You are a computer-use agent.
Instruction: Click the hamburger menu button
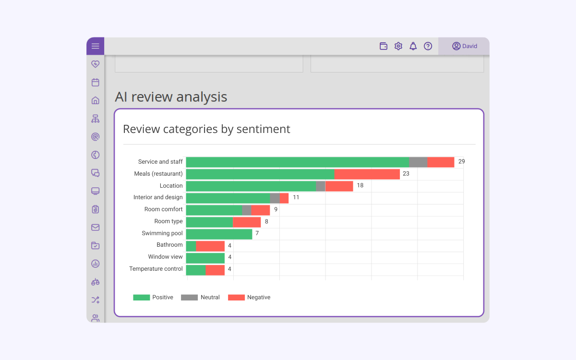point(95,46)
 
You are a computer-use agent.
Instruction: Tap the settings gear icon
point(398,46)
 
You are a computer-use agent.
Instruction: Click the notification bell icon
point(413,46)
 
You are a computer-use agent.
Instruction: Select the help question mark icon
point(428,46)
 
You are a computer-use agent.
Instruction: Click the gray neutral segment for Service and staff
point(418,162)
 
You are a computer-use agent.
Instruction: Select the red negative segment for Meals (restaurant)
point(367,174)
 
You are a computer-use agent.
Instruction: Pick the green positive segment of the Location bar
point(251,186)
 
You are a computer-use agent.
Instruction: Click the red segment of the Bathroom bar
point(210,246)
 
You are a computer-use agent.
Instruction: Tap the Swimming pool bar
point(219,234)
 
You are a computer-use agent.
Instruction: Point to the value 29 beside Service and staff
point(462,161)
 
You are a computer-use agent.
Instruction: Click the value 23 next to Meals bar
point(406,174)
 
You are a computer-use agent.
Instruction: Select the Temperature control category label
point(156,269)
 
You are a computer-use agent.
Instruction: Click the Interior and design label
point(158,197)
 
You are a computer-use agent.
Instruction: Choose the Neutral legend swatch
point(189,298)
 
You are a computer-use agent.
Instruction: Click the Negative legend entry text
point(259,298)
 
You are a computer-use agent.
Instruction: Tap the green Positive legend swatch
point(142,298)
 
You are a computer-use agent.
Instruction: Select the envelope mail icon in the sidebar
point(95,228)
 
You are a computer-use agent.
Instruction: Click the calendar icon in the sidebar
point(95,82)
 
